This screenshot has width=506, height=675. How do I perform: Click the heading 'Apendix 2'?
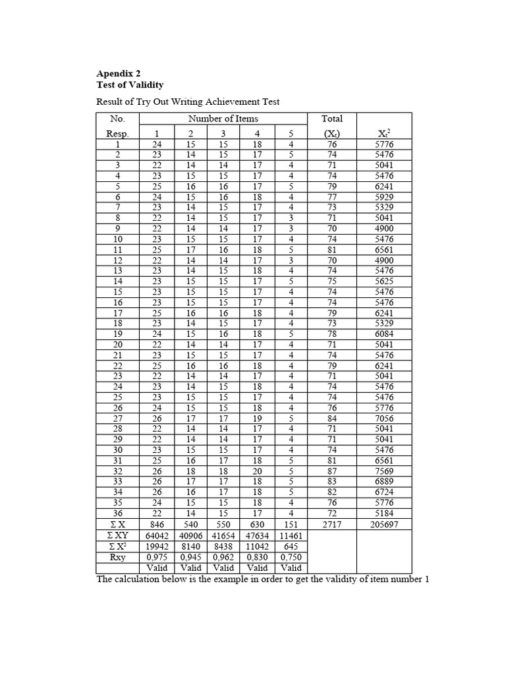[x=119, y=74]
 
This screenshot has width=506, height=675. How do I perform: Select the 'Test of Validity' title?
[x=130, y=85]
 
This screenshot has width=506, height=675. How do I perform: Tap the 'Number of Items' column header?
[x=223, y=119]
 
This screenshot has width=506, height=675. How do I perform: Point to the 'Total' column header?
[x=332, y=119]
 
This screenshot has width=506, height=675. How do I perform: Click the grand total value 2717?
[x=332, y=525]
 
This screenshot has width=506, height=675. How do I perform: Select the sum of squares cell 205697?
[x=384, y=525]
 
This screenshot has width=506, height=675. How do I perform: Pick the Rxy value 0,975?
[x=157, y=557]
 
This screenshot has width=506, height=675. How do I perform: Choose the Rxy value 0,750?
[x=291, y=557]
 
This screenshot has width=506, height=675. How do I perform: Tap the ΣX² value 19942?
[x=157, y=546]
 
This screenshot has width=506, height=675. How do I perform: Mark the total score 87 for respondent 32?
[x=332, y=471]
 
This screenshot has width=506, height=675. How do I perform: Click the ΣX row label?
[x=118, y=525]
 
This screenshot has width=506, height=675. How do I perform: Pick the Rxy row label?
[x=118, y=557]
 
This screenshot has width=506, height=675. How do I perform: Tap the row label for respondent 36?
[x=118, y=514]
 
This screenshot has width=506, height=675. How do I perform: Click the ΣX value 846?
[x=157, y=525]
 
